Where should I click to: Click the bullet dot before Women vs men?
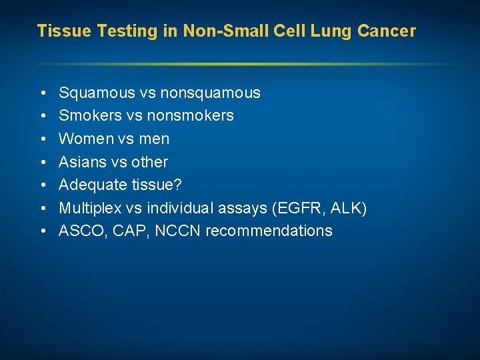[42, 139]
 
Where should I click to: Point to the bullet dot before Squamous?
[42, 93]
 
